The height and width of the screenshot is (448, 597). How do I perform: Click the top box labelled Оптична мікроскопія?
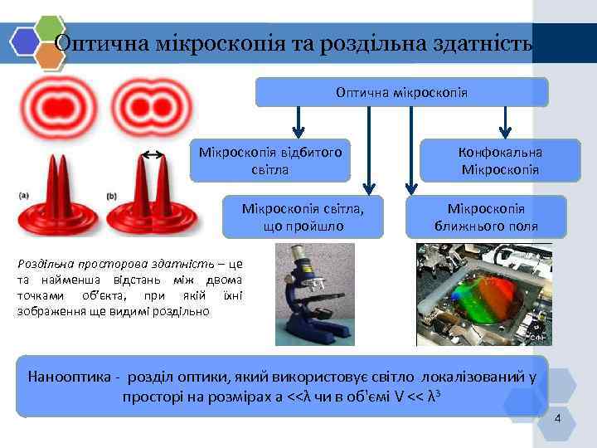401,92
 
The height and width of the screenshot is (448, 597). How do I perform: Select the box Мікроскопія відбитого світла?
269,161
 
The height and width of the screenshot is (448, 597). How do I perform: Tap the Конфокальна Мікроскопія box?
500,161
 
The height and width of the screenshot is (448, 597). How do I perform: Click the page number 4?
557,419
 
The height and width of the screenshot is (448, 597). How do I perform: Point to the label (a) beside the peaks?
23,196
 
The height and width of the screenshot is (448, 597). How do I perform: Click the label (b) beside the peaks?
112,196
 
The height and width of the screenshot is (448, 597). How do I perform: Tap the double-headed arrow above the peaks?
151,154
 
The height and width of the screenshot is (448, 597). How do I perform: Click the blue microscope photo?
314,295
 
